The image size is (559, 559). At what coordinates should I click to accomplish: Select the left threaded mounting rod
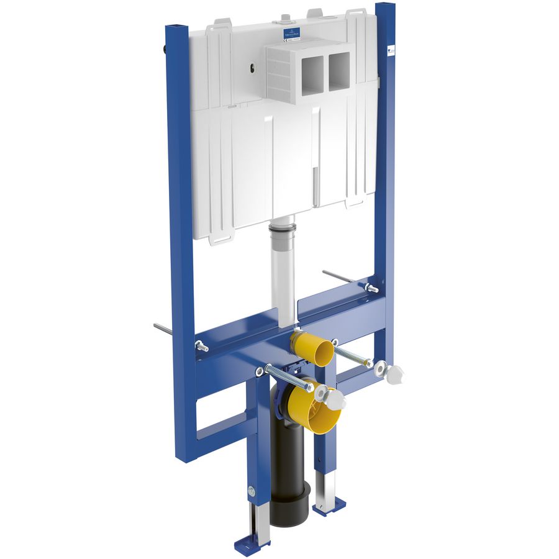pos(288,378)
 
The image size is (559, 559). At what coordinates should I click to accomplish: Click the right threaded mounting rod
pos(352,355)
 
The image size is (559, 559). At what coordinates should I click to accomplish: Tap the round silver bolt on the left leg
pos(251,488)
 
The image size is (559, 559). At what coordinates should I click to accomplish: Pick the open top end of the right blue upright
pos(385,8)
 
